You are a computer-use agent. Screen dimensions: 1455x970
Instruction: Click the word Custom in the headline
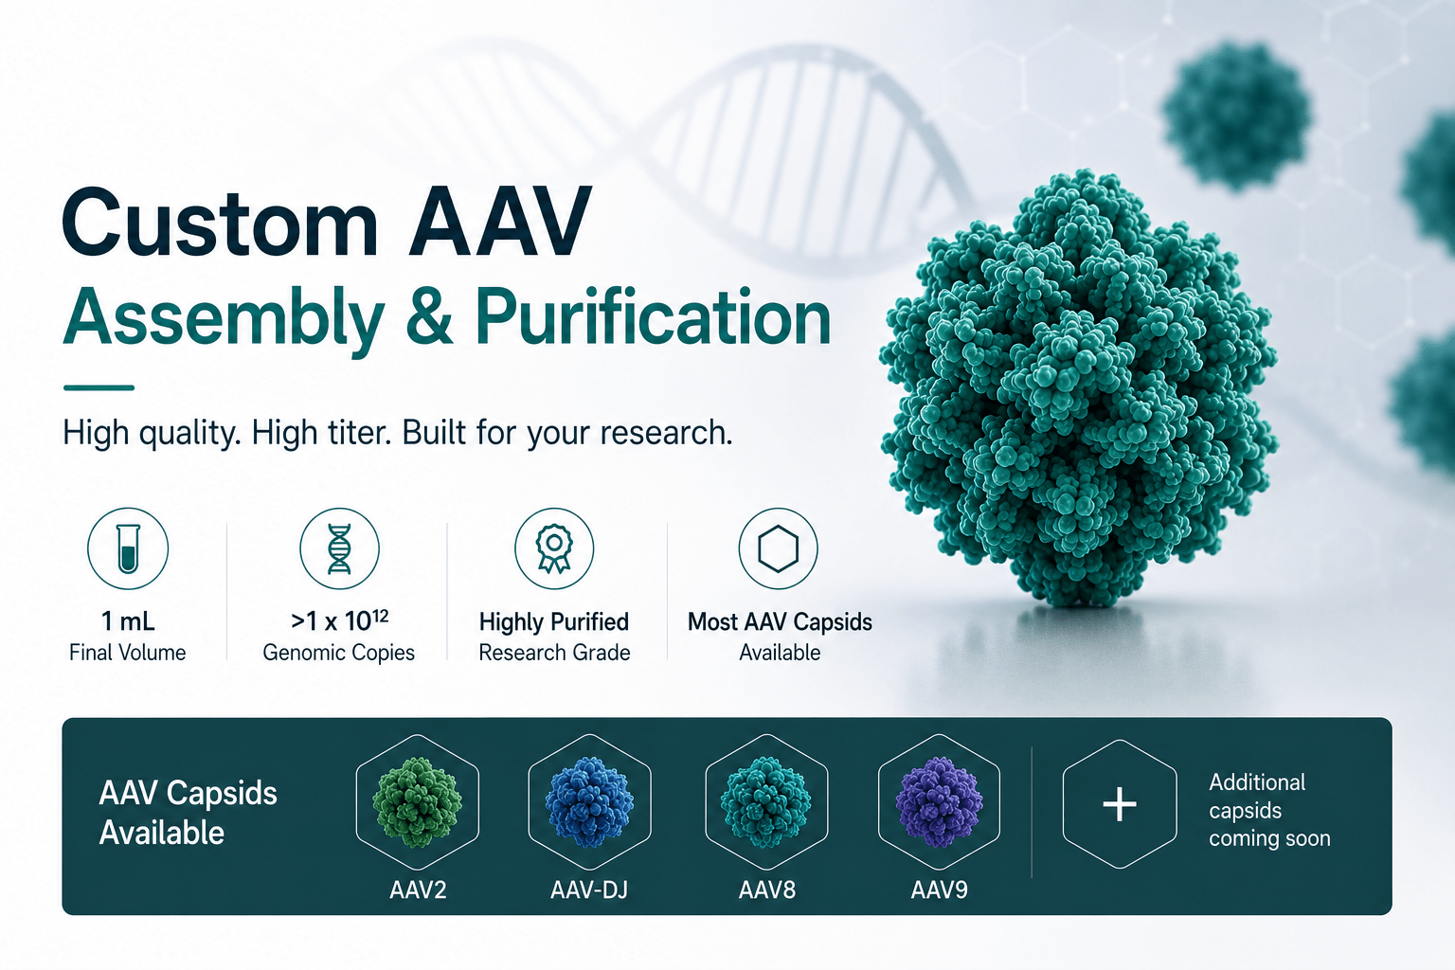[220, 223]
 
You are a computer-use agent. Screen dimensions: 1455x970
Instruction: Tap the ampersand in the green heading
[429, 317]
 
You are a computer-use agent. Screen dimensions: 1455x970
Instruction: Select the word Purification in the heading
[653, 317]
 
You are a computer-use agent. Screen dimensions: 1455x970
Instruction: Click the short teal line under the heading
[99, 387]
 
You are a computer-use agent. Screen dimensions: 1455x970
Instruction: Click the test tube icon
[128, 548]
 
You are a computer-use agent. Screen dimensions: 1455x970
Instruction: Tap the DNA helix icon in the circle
[339, 549]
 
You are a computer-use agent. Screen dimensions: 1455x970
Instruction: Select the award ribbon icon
[553, 548]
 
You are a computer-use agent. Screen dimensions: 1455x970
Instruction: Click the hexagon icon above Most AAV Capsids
[778, 549]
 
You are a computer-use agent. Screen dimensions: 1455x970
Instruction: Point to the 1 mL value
[128, 621]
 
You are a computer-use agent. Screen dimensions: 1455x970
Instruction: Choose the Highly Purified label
[554, 622]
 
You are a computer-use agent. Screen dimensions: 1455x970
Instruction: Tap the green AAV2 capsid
[417, 801]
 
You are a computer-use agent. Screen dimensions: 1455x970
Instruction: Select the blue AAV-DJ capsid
[589, 801]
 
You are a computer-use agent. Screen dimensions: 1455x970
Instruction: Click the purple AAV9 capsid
[939, 801]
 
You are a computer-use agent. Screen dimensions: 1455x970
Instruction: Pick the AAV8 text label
[767, 889]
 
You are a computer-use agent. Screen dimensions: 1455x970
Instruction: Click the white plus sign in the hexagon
[1120, 804]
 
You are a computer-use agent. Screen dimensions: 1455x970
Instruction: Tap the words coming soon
[1269, 838]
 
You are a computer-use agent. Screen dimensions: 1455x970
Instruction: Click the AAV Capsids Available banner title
[188, 813]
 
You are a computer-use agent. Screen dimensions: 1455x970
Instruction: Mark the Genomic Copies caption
[338, 653]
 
